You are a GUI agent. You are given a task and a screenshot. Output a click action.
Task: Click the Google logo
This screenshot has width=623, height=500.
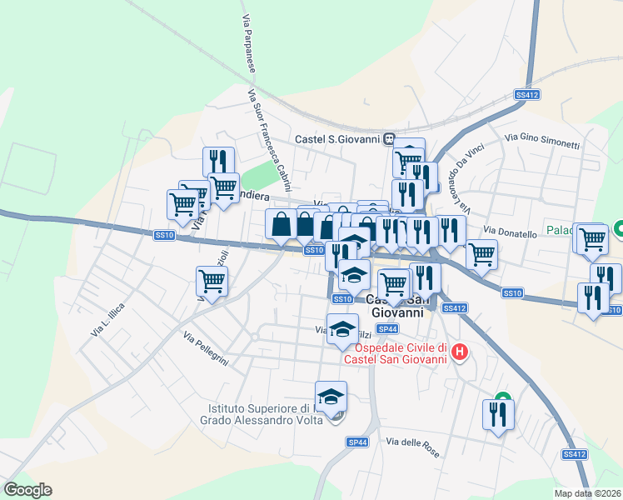tap(27, 490)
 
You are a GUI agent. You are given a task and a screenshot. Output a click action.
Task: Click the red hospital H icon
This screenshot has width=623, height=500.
tap(458, 355)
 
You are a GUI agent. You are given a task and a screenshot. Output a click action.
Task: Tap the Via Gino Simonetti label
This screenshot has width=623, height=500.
tap(542, 139)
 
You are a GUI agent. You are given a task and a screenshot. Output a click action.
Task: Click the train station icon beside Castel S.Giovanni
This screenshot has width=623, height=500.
tap(390, 139)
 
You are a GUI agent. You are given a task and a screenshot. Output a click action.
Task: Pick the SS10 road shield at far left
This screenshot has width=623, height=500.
tap(164, 236)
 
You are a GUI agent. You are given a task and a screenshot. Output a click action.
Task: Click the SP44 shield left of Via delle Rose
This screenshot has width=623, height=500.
tap(356, 441)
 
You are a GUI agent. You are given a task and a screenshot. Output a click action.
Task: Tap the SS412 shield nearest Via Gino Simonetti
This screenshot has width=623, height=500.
tap(528, 95)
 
